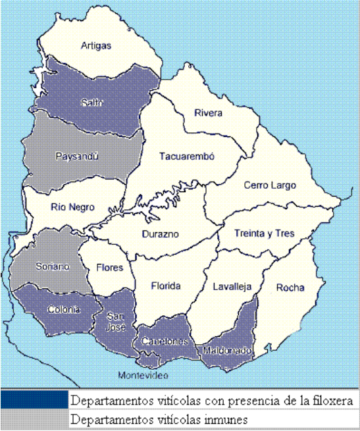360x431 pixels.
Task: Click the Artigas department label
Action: pos(96,46)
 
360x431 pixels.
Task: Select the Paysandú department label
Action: pos(78,157)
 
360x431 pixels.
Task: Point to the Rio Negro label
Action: pos(72,207)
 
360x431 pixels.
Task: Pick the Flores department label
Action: pos(109,268)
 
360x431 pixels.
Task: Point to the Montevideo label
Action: pos(143,375)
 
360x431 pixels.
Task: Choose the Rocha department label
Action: pos(290,287)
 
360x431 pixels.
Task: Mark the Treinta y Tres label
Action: pos(265,234)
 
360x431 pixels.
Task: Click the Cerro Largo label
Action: pos(270,186)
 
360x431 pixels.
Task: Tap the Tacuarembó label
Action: pos(188,157)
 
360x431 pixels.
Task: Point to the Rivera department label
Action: pos(209,113)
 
